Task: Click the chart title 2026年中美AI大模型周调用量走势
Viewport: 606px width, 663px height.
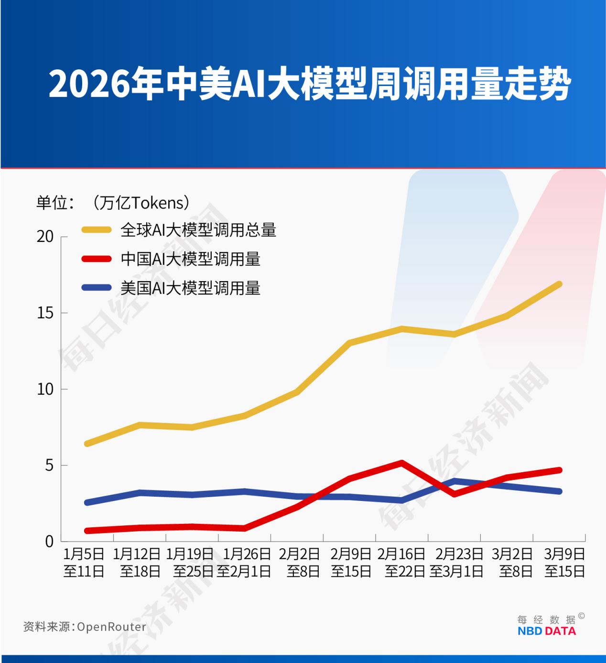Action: (x=310, y=85)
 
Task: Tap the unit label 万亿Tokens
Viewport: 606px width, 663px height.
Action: (x=141, y=203)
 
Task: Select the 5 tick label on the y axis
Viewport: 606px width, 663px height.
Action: (x=49, y=465)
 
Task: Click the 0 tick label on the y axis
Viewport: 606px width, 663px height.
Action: (x=49, y=542)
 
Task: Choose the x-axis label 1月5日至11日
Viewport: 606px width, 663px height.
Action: (x=84, y=563)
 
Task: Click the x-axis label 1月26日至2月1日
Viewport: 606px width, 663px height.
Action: (x=244, y=563)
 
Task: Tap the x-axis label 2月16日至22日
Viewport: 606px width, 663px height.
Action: (x=401, y=563)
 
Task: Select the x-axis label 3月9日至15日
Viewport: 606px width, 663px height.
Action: (x=564, y=563)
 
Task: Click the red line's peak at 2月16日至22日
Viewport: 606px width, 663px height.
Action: (x=401, y=463)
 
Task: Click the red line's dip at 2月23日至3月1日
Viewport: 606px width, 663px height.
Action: (x=454, y=494)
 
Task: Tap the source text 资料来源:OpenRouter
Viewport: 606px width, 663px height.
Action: (x=85, y=627)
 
